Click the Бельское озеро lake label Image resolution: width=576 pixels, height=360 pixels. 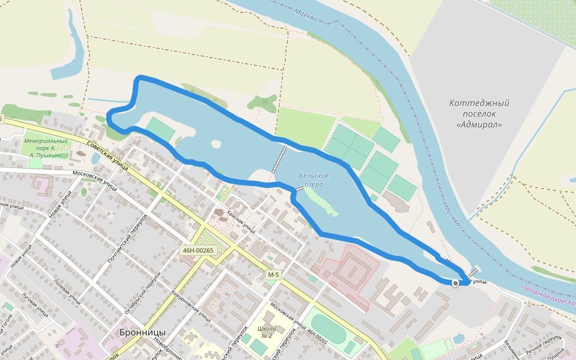pyautogui.click(x=314, y=180)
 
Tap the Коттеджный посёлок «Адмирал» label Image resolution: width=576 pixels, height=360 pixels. pyautogui.click(x=479, y=114)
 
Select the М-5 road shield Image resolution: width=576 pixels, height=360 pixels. pyautogui.click(x=273, y=275)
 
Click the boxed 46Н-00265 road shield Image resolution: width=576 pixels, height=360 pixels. pyautogui.click(x=196, y=250)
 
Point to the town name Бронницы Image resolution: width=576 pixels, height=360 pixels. pyautogui.click(x=142, y=332)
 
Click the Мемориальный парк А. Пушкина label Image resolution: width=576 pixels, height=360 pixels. pyautogui.click(x=45, y=148)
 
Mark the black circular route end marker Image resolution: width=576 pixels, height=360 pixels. pyautogui.click(x=455, y=283)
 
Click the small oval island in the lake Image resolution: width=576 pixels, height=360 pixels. pyautogui.click(x=215, y=143)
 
